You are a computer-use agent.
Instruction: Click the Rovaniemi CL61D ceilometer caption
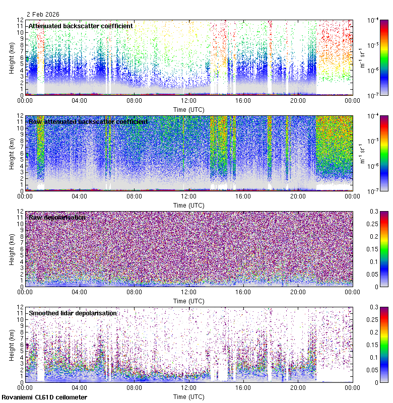pos(44,397)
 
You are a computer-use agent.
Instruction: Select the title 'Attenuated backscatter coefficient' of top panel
pos(81,26)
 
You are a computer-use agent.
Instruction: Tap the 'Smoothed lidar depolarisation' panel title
pos(73,313)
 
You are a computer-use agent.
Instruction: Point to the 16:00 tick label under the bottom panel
pos(243,388)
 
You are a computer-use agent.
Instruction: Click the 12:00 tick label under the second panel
pos(189,196)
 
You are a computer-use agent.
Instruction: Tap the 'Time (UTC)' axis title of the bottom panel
pos(189,396)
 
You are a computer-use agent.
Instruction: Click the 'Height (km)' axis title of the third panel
pos(12,249)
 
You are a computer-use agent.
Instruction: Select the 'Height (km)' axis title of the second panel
pos(12,153)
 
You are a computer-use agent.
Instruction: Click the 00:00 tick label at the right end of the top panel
pos(352,101)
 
